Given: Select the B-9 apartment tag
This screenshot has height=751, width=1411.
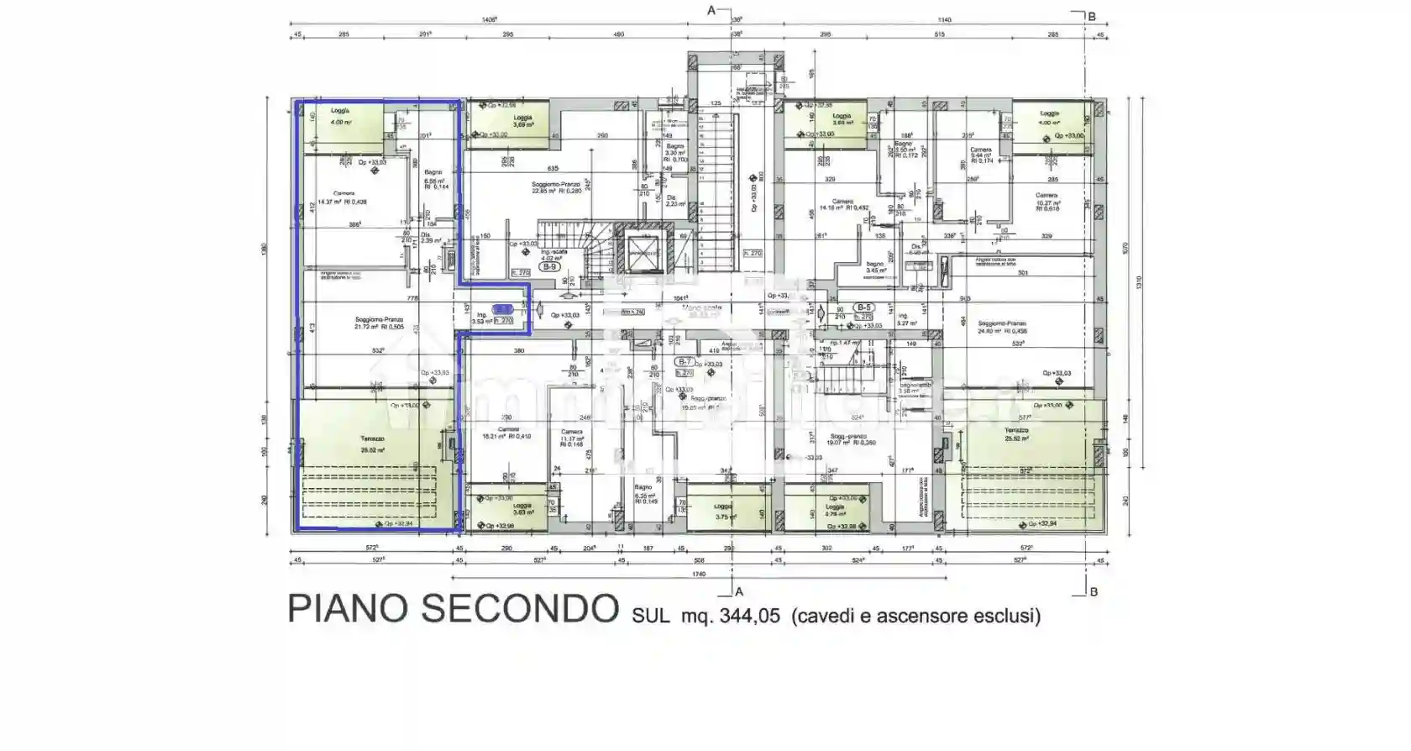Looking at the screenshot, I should point(549,267).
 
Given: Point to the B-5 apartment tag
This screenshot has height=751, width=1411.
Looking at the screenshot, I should point(863,307).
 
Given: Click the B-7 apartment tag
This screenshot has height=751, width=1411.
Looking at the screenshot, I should point(685,362).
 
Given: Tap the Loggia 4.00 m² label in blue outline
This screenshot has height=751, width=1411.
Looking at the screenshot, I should point(340,117).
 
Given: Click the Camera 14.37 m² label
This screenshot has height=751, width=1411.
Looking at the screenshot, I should point(343,197).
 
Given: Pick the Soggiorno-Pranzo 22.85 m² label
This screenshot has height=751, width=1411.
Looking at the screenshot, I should point(555,187).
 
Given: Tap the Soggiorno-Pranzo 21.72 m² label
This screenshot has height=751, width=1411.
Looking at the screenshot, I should point(379,323).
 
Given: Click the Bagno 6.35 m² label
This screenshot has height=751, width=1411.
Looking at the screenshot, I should point(643,491).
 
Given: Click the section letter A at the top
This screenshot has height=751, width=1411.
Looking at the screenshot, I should point(711,10).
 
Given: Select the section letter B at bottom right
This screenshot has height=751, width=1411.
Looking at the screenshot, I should point(1093,592).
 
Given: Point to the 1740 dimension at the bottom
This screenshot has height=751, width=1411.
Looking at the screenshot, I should point(699,575).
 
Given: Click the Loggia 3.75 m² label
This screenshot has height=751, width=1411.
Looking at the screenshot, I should point(723,512).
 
